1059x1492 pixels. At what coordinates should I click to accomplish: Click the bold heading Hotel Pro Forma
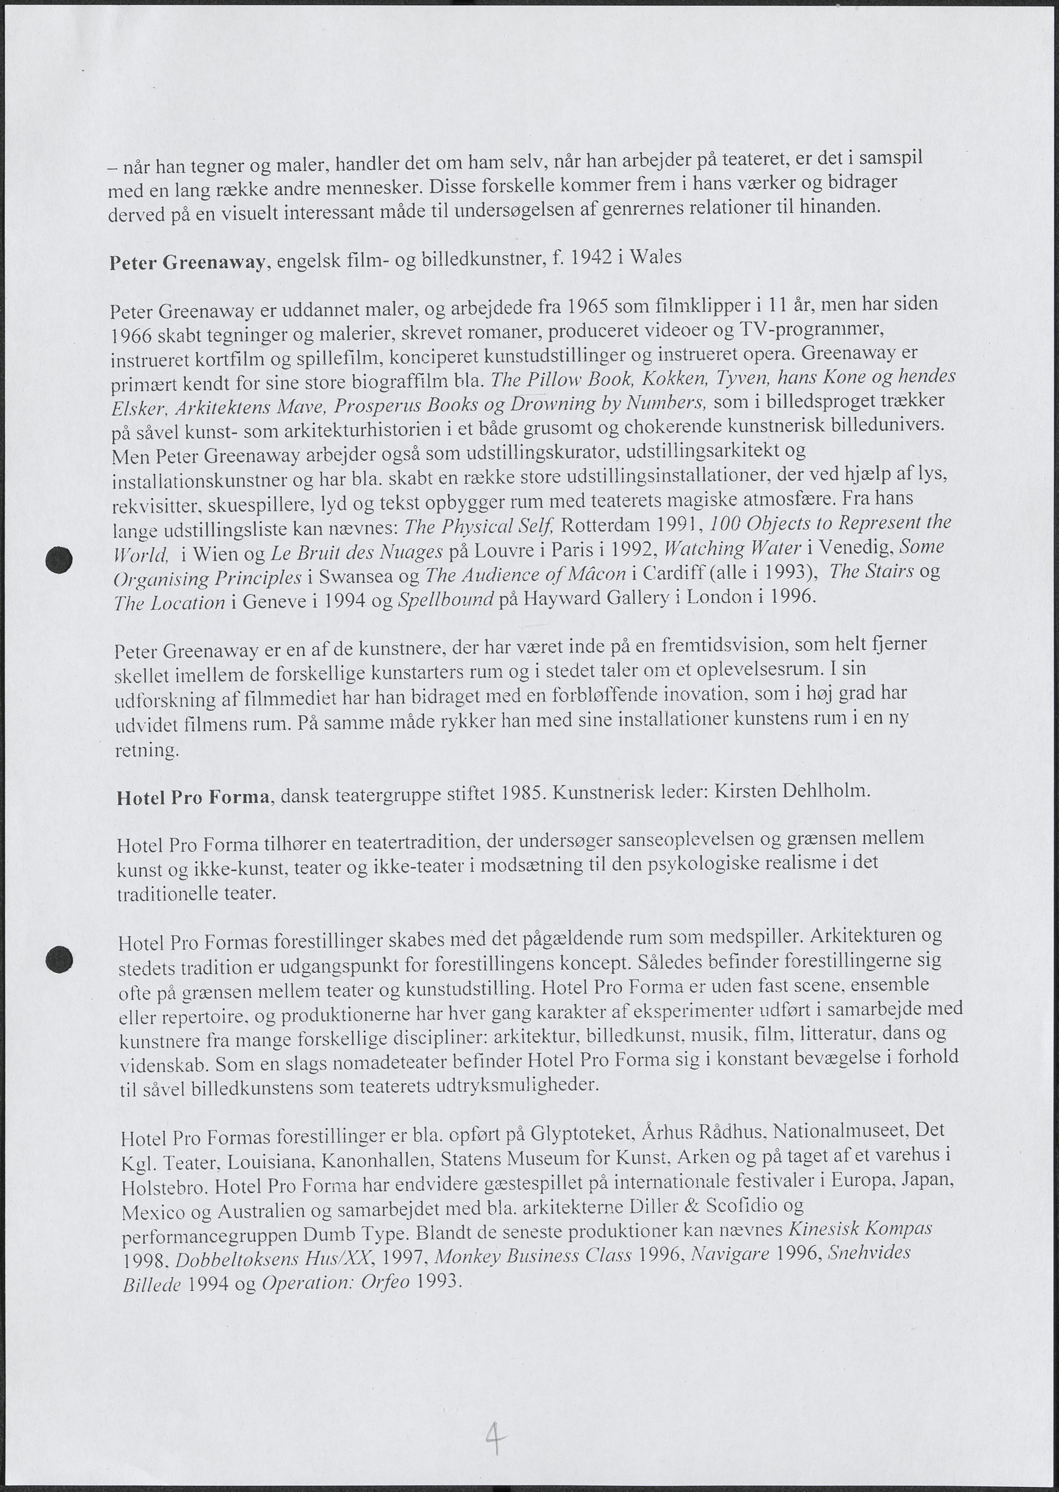[193, 797]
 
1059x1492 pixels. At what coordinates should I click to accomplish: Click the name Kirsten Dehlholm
[792, 791]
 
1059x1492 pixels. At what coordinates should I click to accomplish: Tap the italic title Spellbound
[445, 599]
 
